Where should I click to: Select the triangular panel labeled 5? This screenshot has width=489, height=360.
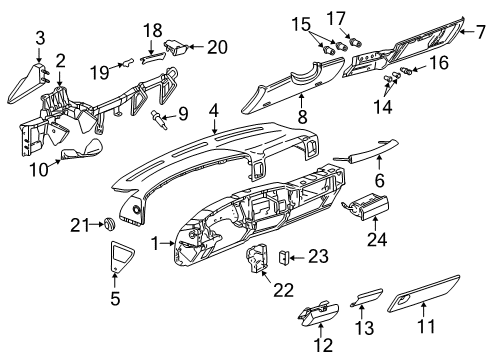point(119,258)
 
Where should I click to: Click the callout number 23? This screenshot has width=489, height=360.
point(318,257)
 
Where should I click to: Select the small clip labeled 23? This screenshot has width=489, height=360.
point(284,257)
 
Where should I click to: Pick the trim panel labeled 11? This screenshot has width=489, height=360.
point(417,302)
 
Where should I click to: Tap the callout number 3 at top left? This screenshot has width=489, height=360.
point(40,38)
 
